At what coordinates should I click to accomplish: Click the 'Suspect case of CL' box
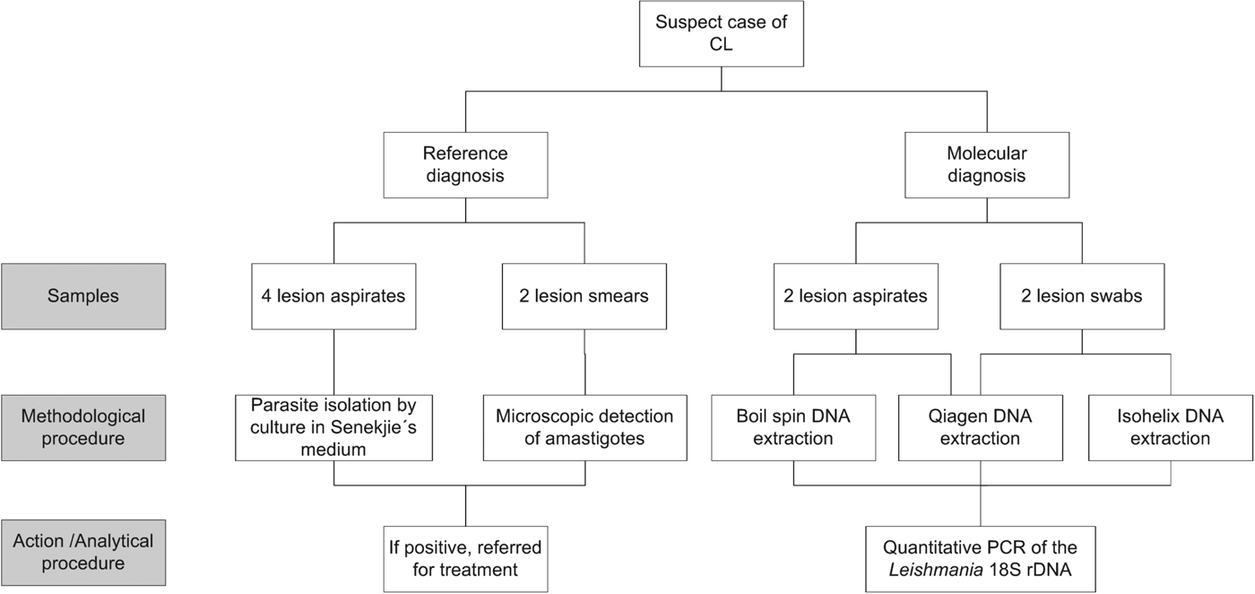point(721,33)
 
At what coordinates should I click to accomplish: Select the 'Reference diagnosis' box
point(465,165)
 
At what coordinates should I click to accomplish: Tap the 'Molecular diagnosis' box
point(987,165)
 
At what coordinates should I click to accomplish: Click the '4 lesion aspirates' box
point(333,295)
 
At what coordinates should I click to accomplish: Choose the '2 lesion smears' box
point(584,295)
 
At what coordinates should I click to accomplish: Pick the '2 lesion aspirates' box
point(855,295)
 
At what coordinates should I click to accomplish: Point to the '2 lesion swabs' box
point(1082,295)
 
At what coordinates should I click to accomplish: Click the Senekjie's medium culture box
point(333,427)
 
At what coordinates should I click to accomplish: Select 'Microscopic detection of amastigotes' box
point(584,427)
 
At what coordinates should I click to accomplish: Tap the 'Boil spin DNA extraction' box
point(793,427)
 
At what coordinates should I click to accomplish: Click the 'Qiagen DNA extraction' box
point(980,427)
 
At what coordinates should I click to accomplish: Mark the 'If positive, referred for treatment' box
point(465,558)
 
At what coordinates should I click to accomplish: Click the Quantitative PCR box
point(980,558)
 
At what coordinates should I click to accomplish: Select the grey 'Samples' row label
point(83,295)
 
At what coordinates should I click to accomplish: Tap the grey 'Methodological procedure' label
point(83,427)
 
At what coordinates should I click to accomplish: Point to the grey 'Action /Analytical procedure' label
point(83,552)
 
